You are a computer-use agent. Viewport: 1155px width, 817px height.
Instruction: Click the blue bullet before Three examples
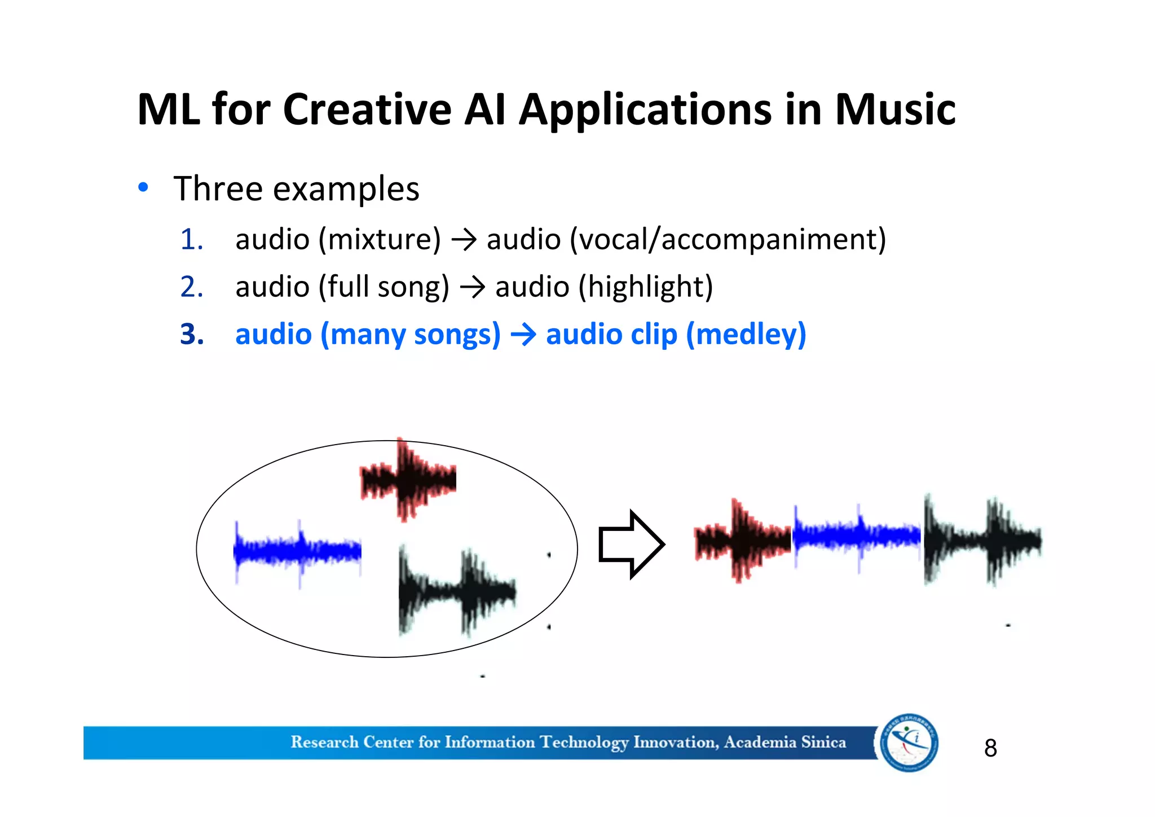coord(143,187)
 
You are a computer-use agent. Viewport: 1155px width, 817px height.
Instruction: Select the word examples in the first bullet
coord(346,189)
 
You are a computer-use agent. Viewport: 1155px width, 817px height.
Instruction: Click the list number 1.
coord(191,239)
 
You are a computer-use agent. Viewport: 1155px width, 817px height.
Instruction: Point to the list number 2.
coord(191,287)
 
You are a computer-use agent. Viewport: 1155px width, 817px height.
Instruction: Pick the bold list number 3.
coord(192,334)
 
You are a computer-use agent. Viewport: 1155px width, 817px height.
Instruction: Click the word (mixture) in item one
coord(380,239)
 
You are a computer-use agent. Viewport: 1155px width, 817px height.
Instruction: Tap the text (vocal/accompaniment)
coord(728,239)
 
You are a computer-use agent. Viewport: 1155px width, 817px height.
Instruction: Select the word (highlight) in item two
coord(646,287)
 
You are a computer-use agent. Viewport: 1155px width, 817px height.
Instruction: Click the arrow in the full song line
coord(473,288)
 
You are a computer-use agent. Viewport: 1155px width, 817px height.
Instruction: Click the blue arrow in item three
coord(523,335)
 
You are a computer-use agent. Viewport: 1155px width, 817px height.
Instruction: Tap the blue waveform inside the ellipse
coord(297,550)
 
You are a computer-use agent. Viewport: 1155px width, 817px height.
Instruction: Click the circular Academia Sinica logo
coord(909,742)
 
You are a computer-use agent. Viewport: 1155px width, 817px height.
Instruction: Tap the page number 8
coord(990,748)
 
